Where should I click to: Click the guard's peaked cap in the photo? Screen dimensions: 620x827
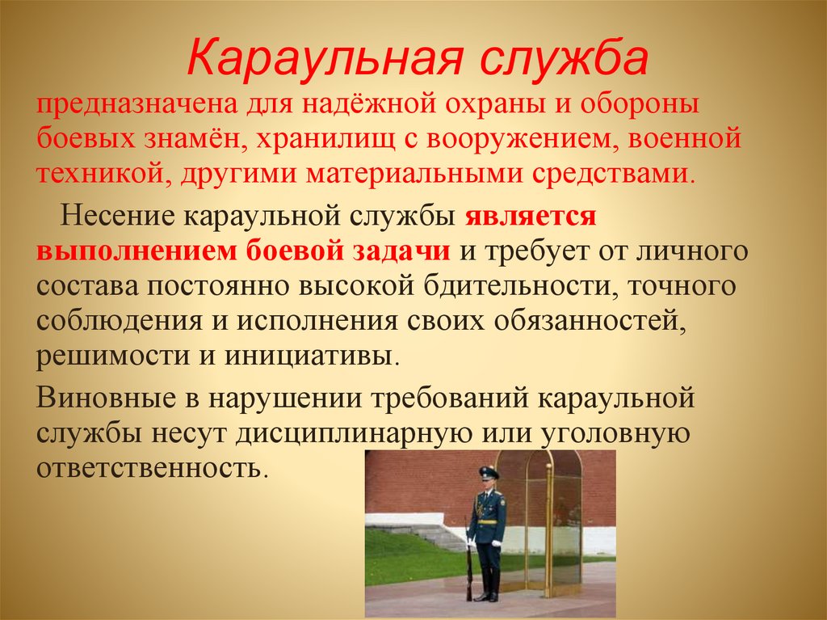coord(489,472)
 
